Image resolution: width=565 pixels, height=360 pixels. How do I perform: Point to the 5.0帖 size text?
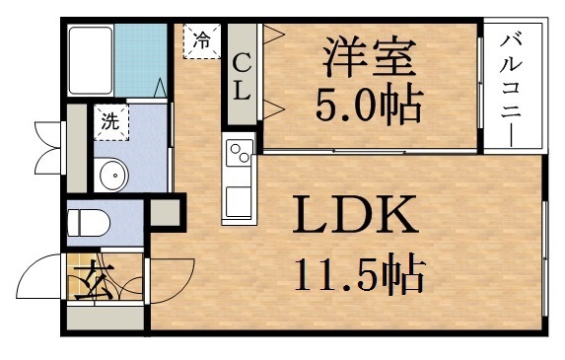(367, 102)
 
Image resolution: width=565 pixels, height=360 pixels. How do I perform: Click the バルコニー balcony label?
(511, 87)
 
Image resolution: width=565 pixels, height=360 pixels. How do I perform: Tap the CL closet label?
(241, 77)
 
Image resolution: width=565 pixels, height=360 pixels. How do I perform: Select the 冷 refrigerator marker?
(201, 40)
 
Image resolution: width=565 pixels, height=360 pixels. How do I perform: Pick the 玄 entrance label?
(87, 279)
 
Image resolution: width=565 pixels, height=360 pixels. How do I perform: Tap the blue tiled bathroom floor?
(144, 59)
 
